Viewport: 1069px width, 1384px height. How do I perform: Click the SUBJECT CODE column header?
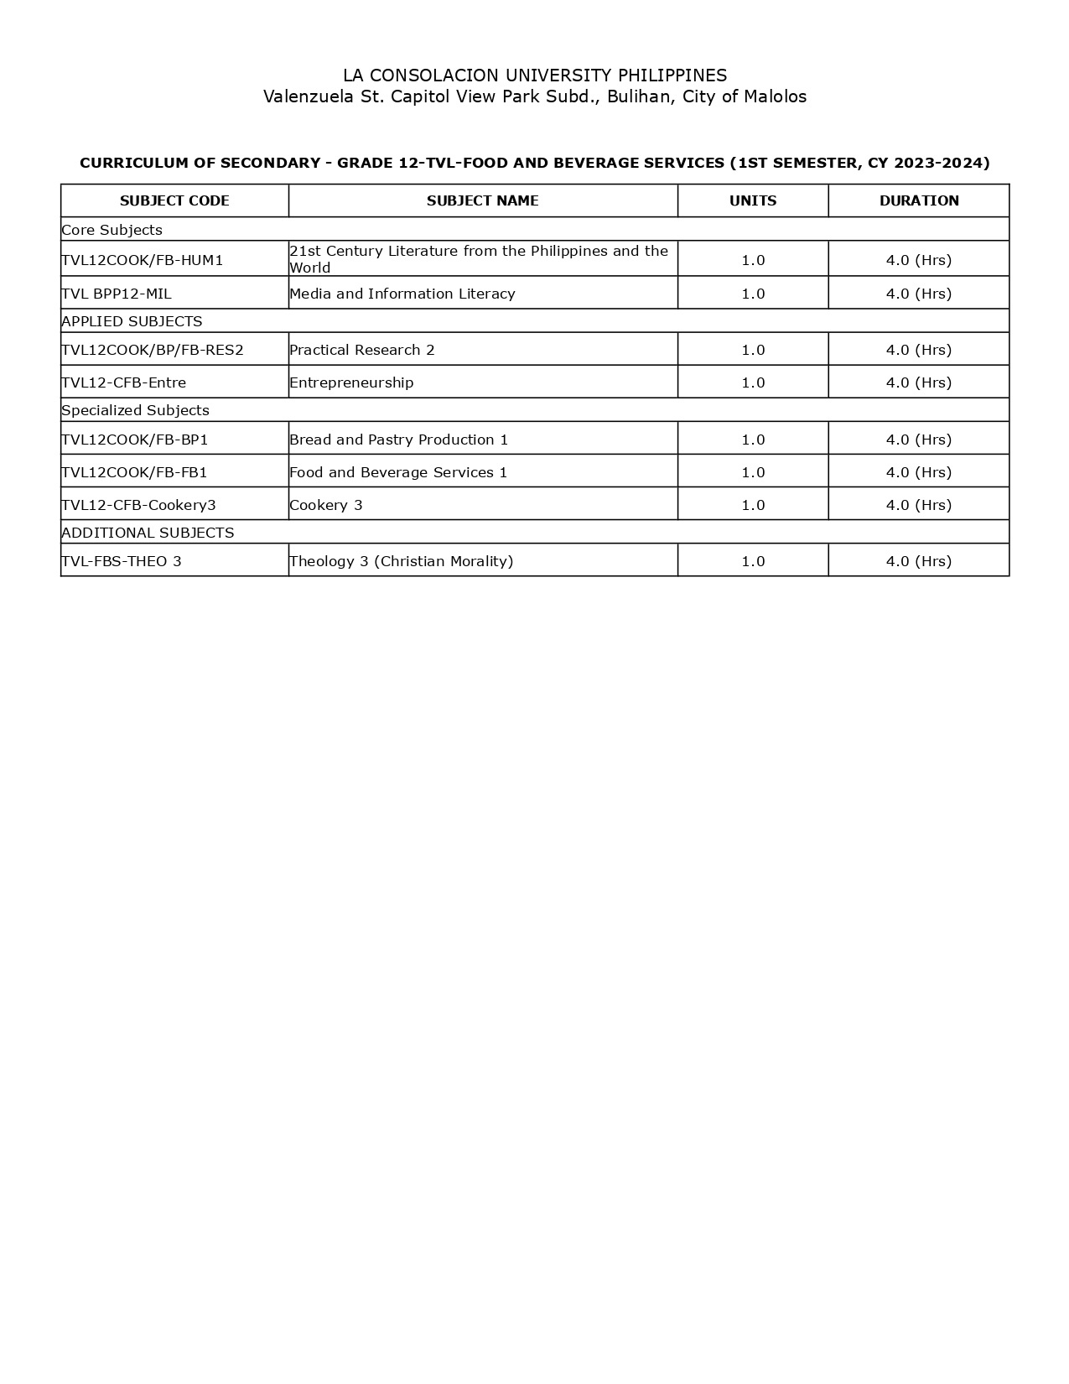click(174, 200)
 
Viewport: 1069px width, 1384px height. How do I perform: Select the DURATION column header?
click(919, 200)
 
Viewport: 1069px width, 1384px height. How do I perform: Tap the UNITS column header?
click(753, 200)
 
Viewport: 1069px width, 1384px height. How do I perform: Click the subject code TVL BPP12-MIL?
click(117, 294)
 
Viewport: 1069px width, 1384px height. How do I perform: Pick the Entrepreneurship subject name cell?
click(351, 382)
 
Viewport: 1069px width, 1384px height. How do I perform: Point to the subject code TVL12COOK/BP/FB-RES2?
click(153, 350)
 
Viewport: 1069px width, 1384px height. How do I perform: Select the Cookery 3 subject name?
click(326, 505)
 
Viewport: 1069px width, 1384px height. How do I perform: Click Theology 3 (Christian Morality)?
click(401, 561)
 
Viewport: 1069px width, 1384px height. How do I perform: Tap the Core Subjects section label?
click(112, 230)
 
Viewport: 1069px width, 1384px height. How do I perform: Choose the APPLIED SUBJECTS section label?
click(132, 321)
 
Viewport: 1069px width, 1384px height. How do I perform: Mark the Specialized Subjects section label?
click(135, 410)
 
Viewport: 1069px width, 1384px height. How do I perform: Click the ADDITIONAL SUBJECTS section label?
click(148, 533)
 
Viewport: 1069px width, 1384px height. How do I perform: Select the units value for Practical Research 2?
click(753, 350)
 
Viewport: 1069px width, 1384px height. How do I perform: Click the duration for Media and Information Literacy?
click(919, 294)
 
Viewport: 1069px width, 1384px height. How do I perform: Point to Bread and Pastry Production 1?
click(399, 440)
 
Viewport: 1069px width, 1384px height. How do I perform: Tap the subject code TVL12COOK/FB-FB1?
click(134, 472)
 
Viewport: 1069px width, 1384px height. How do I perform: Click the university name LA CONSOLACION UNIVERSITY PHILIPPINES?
click(535, 75)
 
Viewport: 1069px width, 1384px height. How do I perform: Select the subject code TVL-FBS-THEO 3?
click(122, 561)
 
